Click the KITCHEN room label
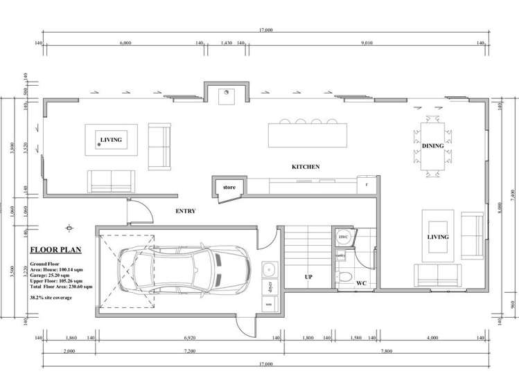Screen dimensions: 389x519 click(305, 168)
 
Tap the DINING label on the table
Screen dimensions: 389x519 click(433, 147)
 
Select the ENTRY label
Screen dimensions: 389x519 click(186, 211)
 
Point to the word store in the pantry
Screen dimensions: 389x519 click(229, 188)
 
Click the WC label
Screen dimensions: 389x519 click(361, 283)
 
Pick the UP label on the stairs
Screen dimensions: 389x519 click(309, 277)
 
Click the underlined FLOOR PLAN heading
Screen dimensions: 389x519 click(55, 251)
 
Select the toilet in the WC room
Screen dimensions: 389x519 click(344, 278)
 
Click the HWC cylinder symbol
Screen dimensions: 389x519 click(344, 237)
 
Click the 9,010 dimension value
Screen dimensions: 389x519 click(368, 43)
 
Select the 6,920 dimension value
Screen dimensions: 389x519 click(188, 338)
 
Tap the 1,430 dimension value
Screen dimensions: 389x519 click(226, 43)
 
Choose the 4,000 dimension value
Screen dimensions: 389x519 click(432, 338)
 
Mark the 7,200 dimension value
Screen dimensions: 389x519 click(188, 352)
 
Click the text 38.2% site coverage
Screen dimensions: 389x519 click(51, 298)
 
